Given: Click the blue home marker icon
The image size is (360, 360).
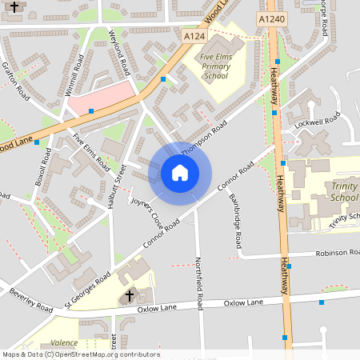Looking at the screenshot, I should [179, 173].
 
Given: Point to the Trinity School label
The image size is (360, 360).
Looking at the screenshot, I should [344, 192].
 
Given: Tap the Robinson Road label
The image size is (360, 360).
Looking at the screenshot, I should [337, 252].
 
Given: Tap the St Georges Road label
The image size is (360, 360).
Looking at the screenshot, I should [88, 291].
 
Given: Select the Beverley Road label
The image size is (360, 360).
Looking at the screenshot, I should [30, 300].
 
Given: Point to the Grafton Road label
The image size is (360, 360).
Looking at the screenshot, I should [16, 82].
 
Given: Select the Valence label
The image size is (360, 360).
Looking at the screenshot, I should [64, 342].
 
